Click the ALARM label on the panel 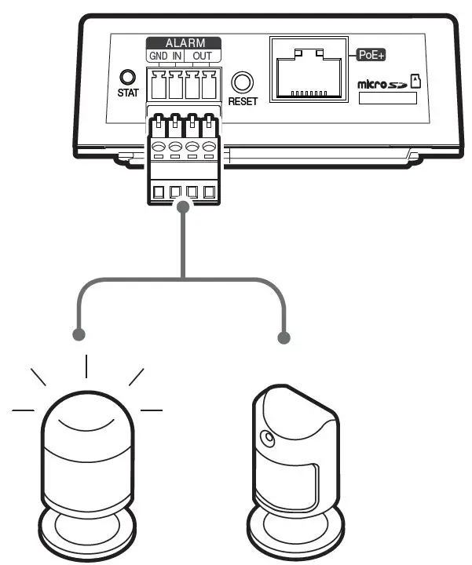(184, 44)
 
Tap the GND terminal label (158, 57)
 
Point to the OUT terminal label (202, 57)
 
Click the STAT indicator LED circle (126, 78)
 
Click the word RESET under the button (243, 101)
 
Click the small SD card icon (417, 80)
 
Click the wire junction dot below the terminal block (184, 207)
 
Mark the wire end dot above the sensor (285, 339)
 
